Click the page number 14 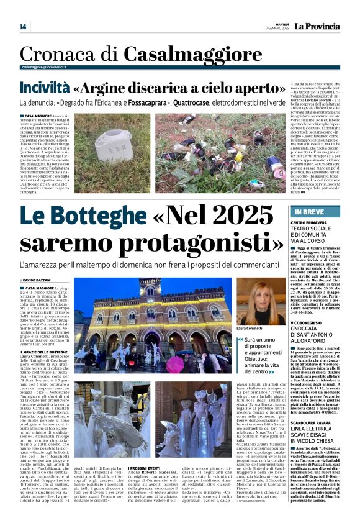pyautogui.click(x=23, y=27)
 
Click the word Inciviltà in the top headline pyautogui.click(x=43, y=88)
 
